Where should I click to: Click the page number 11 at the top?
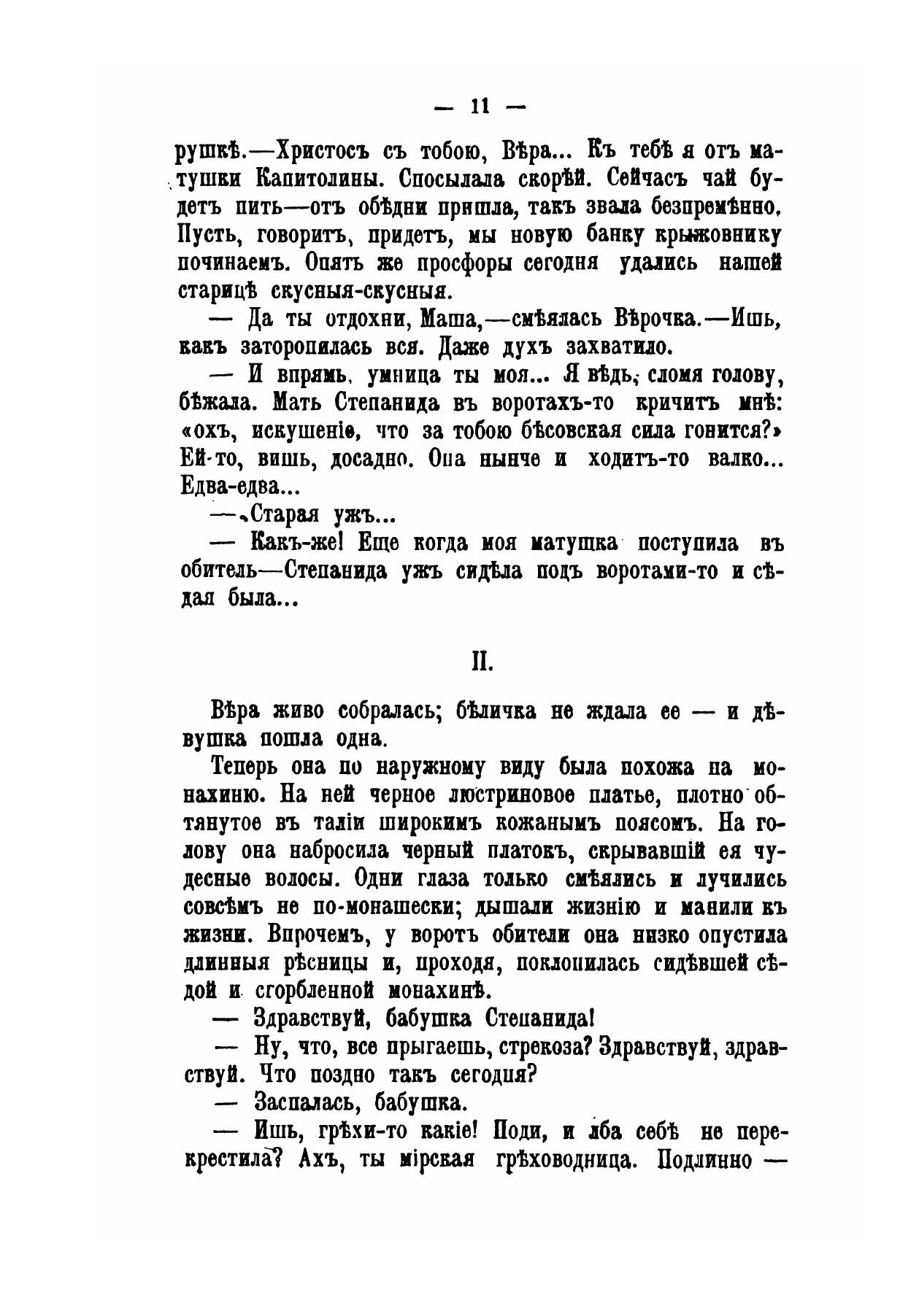pyautogui.click(x=478, y=107)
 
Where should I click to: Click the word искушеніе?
pyautogui.click(x=304, y=432)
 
